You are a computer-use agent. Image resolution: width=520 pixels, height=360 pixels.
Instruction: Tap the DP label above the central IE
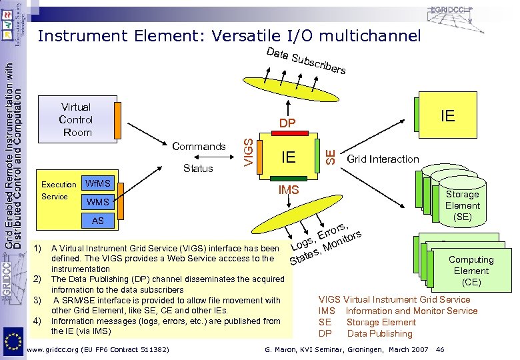click(x=287, y=123)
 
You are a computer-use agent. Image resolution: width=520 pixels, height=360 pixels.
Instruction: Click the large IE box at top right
click(x=447, y=117)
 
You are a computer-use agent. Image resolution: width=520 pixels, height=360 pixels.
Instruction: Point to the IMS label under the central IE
click(x=288, y=191)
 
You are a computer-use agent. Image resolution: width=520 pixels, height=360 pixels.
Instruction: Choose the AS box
click(x=98, y=220)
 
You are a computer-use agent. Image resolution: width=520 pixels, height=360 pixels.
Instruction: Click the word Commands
click(x=199, y=146)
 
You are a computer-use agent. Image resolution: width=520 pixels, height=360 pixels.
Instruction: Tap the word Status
click(x=198, y=168)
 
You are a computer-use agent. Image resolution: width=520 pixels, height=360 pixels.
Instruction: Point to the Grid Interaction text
click(x=383, y=159)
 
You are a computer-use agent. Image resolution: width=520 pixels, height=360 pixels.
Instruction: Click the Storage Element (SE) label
click(x=462, y=205)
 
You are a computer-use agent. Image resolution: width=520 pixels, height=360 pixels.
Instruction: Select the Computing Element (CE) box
click(x=471, y=271)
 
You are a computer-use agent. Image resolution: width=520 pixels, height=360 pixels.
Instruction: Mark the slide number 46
click(x=439, y=349)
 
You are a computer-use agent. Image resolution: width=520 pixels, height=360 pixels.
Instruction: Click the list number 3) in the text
click(x=38, y=301)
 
